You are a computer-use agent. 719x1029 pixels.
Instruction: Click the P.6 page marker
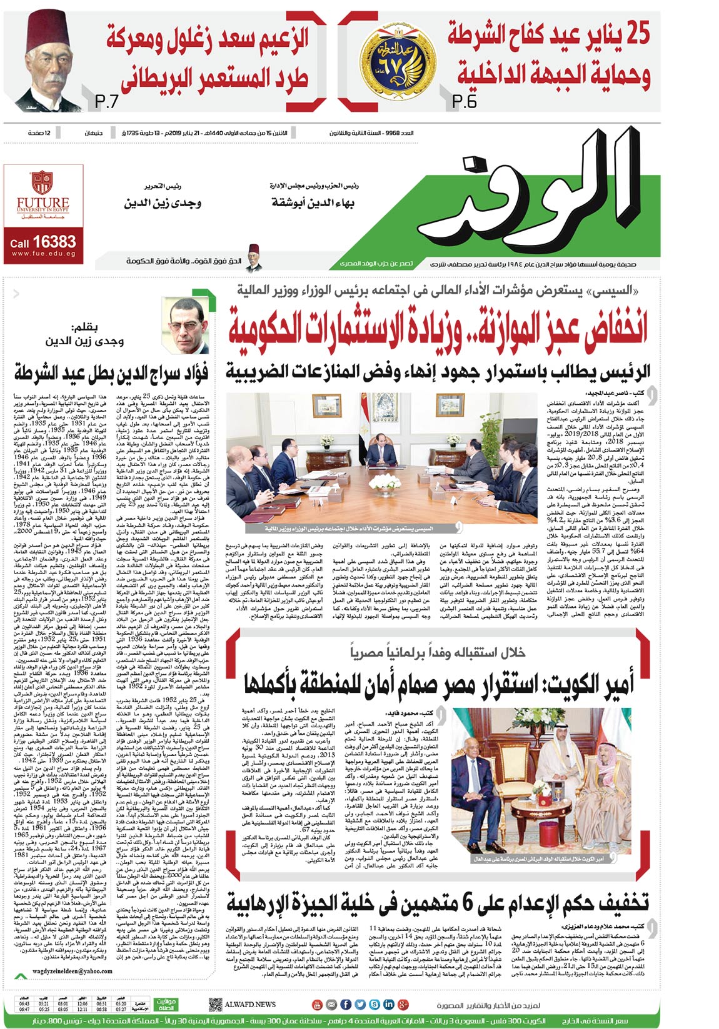coord(464,101)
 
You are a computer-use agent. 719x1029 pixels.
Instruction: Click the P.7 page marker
coord(107,101)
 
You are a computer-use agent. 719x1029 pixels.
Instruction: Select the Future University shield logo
coord(42,182)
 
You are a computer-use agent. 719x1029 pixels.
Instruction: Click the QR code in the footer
coord(215,1004)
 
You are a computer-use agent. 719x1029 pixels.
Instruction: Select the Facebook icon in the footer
coord(346,1004)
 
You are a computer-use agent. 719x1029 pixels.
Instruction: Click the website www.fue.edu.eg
coord(43,254)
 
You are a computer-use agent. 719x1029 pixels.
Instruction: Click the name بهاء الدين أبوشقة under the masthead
coord(313,202)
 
